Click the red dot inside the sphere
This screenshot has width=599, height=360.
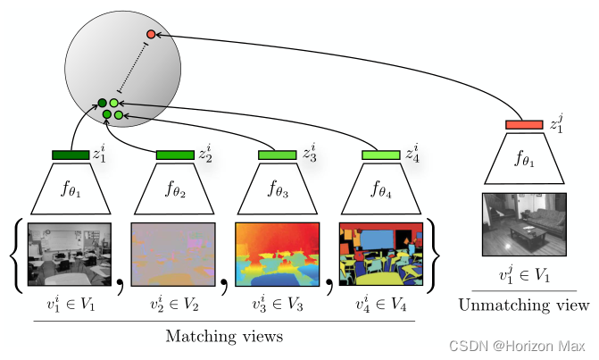(x=151, y=34)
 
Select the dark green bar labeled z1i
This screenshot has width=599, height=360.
(x=71, y=155)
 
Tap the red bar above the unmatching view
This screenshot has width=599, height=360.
(x=524, y=125)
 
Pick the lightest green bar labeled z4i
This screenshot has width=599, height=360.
(x=380, y=155)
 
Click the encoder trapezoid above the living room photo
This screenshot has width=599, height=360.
(x=524, y=161)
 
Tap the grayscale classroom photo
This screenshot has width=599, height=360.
(x=70, y=254)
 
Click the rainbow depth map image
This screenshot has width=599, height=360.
(x=277, y=254)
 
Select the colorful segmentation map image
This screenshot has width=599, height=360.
(x=380, y=254)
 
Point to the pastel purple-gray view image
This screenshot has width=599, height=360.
(x=173, y=254)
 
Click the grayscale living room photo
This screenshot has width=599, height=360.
(x=524, y=224)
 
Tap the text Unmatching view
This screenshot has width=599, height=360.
(x=524, y=306)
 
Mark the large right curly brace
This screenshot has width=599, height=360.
(x=433, y=254)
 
